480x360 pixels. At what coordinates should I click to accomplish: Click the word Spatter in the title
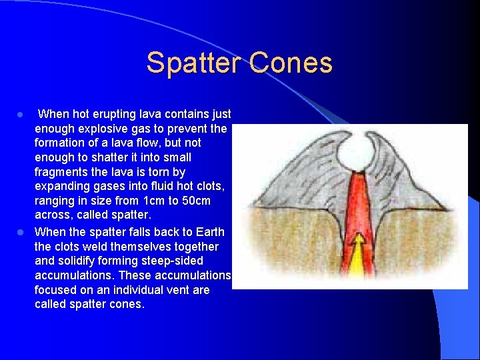coord(194,63)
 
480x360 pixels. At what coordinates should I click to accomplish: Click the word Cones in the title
coord(291,63)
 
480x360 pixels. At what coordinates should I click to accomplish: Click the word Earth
coord(209,231)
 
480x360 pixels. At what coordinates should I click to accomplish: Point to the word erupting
coord(111,114)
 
